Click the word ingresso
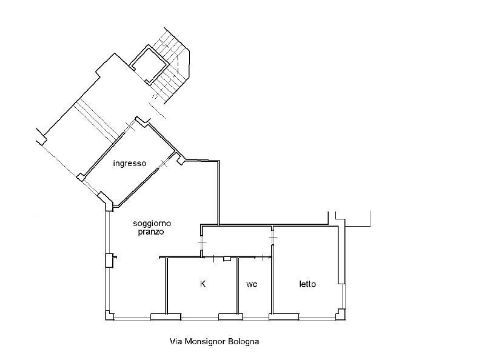pos(130,164)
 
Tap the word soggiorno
pos(152,224)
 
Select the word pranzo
pos(151,232)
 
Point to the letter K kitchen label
pos(203,284)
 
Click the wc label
pos(252,284)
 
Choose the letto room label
pos(307,284)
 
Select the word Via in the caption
pos(176,341)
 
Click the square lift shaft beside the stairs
pos(149,64)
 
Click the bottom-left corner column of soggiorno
pos(109,315)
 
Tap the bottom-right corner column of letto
pos(341,315)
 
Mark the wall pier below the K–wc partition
pos(230,316)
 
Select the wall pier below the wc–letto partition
pos(284,316)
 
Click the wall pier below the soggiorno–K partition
pos(166,316)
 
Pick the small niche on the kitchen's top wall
pos(227,259)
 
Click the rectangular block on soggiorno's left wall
pos(109,260)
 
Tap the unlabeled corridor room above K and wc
pos(236,241)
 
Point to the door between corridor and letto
pos(273,238)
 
